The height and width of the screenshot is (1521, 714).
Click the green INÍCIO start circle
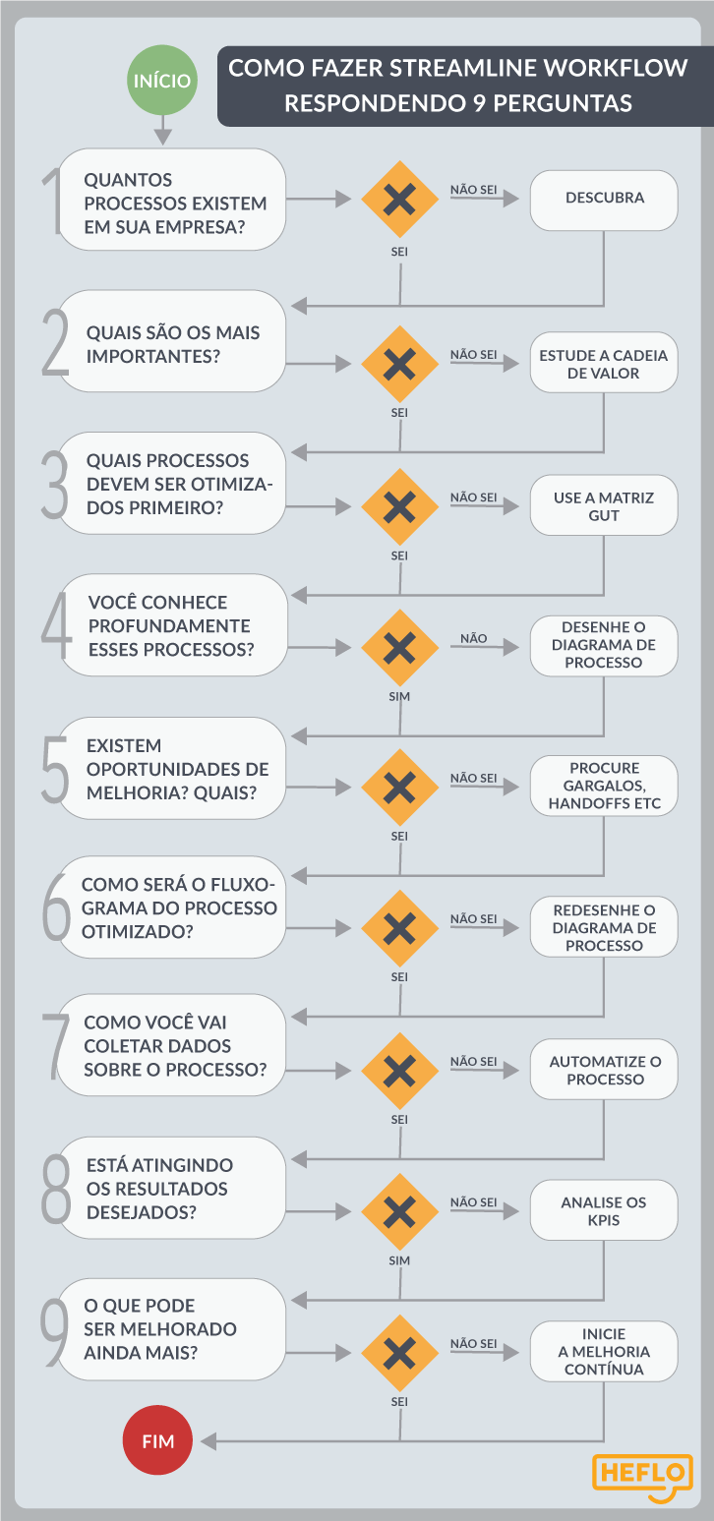point(161,80)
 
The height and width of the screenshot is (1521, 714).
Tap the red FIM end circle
point(157,1439)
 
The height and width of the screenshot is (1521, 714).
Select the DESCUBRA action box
point(604,200)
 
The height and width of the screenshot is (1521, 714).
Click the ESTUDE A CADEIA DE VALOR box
point(604,363)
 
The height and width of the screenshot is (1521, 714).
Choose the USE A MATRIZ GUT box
point(604,505)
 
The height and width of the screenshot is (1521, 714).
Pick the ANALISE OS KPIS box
point(604,1210)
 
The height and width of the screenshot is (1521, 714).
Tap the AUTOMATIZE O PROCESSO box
point(604,1069)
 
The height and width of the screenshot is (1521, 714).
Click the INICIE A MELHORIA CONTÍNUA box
point(604,1351)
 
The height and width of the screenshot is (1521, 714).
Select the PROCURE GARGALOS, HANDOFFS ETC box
point(604,786)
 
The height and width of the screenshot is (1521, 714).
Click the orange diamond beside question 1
point(399,199)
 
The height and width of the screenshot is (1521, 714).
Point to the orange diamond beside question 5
point(399,788)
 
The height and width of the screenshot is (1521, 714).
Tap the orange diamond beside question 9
point(399,1353)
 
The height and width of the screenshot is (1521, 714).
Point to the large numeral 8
point(56,1190)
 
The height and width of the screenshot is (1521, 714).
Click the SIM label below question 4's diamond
point(399,697)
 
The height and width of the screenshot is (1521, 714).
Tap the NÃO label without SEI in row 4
point(473,638)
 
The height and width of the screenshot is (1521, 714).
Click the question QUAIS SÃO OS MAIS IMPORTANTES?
point(172,344)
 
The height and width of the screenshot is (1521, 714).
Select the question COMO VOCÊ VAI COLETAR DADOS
point(175,1046)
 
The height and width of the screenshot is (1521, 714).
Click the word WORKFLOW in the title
point(617,68)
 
